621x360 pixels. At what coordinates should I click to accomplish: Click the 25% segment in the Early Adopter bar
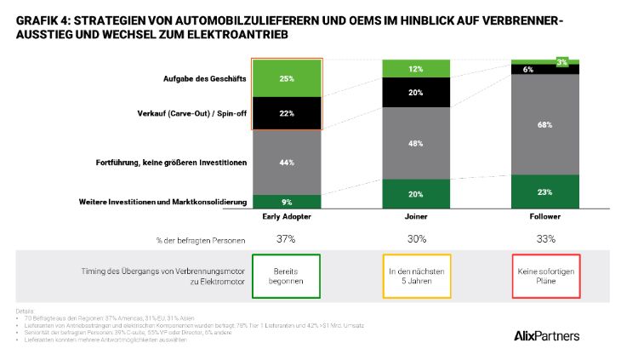point(286,78)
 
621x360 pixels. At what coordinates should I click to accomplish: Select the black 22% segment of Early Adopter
point(286,113)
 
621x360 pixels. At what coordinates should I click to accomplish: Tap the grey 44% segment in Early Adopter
point(286,163)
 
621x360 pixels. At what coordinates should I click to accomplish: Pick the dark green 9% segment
point(286,202)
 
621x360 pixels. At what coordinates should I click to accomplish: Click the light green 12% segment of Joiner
point(416,69)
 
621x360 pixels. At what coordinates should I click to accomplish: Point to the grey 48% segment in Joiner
point(416,143)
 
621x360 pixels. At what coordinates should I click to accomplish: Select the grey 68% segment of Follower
point(544,124)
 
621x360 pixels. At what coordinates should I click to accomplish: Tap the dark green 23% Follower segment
point(544,191)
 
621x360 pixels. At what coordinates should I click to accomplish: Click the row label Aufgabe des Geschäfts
point(204,78)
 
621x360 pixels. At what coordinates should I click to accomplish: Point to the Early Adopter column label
point(286,218)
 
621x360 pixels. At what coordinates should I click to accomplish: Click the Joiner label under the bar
point(416,218)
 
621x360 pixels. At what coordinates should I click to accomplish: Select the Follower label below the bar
point(544,218)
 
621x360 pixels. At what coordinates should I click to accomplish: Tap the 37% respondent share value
point(286,239)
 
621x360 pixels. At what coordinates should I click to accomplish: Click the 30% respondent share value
point(416,239)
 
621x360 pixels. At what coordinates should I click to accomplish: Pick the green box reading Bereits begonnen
point(286,275)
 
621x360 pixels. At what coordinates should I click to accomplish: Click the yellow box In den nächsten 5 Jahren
point(416,275)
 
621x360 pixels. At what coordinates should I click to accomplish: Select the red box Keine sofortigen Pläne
point(544,275)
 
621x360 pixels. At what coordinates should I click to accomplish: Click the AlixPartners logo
point(547,335)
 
